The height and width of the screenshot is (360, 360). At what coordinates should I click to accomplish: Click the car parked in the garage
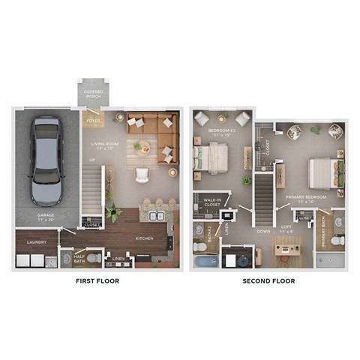pyautogui.click(x=46, y=160)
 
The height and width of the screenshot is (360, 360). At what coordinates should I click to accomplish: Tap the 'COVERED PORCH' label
pyautogui.click(x=94, y=93)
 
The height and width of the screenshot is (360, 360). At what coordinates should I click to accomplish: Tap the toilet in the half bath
pyautogui.click(x=93, y=259)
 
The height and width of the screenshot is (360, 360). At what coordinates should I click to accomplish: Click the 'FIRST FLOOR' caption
pyautogui.click(x=97, y=281)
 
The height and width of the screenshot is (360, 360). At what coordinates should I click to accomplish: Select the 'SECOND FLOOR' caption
pyautogui.click(x=268, y=281)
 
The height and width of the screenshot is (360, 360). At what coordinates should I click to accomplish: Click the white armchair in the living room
pyautogui.click(x=142, y=175)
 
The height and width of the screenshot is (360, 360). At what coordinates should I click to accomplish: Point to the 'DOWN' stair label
pyautogui.click(x=263, y=232)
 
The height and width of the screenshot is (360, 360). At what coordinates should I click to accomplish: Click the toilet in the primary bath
pyautogui.click(x=337, y=241)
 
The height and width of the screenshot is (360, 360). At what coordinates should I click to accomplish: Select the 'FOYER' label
pyautogui.click(x=94, y=120)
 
